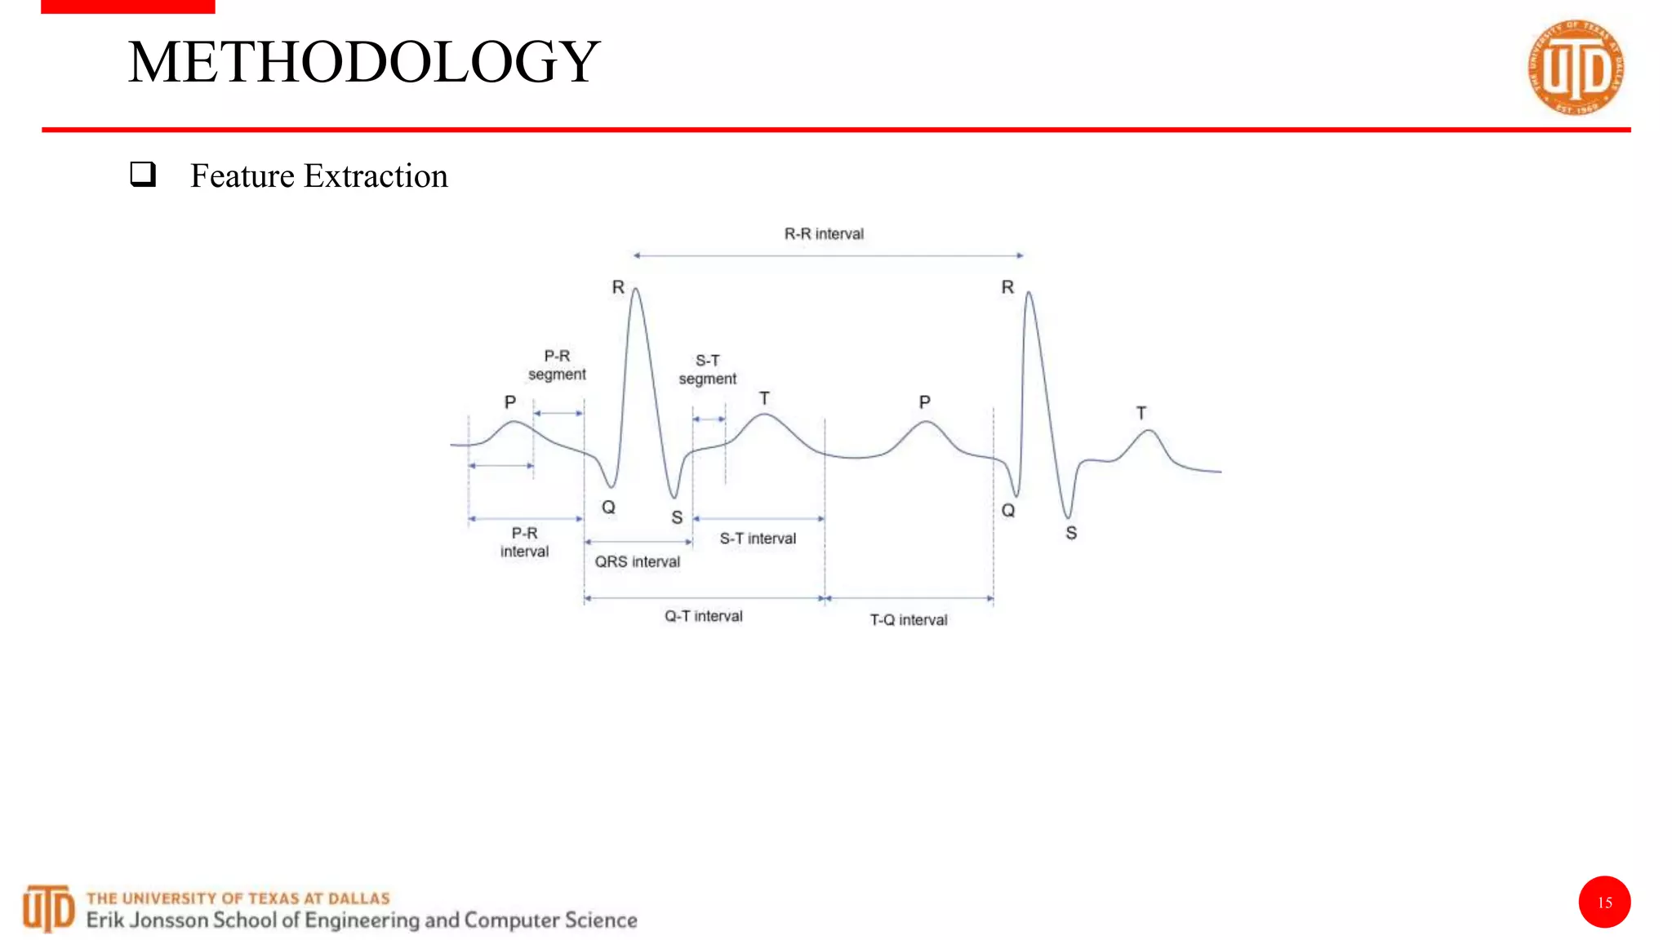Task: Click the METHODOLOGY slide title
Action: (364, 62)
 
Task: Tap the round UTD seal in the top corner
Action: (1576, 68)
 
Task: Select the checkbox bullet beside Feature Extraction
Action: (143, 174)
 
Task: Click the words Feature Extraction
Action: (319, 176)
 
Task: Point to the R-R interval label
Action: (824, 234)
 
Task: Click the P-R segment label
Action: (557, 365)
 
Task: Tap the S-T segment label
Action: (707, 370)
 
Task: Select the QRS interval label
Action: (637, 561)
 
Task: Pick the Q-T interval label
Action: (703, 616)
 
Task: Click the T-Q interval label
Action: (909, 620)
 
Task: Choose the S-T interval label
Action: (758, 539)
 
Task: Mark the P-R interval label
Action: (524, 543)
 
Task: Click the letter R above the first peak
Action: (618, 287)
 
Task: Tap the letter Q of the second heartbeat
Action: (1008, 511)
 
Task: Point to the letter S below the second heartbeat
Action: (1071, 534)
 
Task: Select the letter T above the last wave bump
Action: (1141, 413)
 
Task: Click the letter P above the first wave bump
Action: (510, 402)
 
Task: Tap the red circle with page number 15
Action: (1604, 902)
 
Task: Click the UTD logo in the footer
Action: (48, 908)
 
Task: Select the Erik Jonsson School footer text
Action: (362, 920)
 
